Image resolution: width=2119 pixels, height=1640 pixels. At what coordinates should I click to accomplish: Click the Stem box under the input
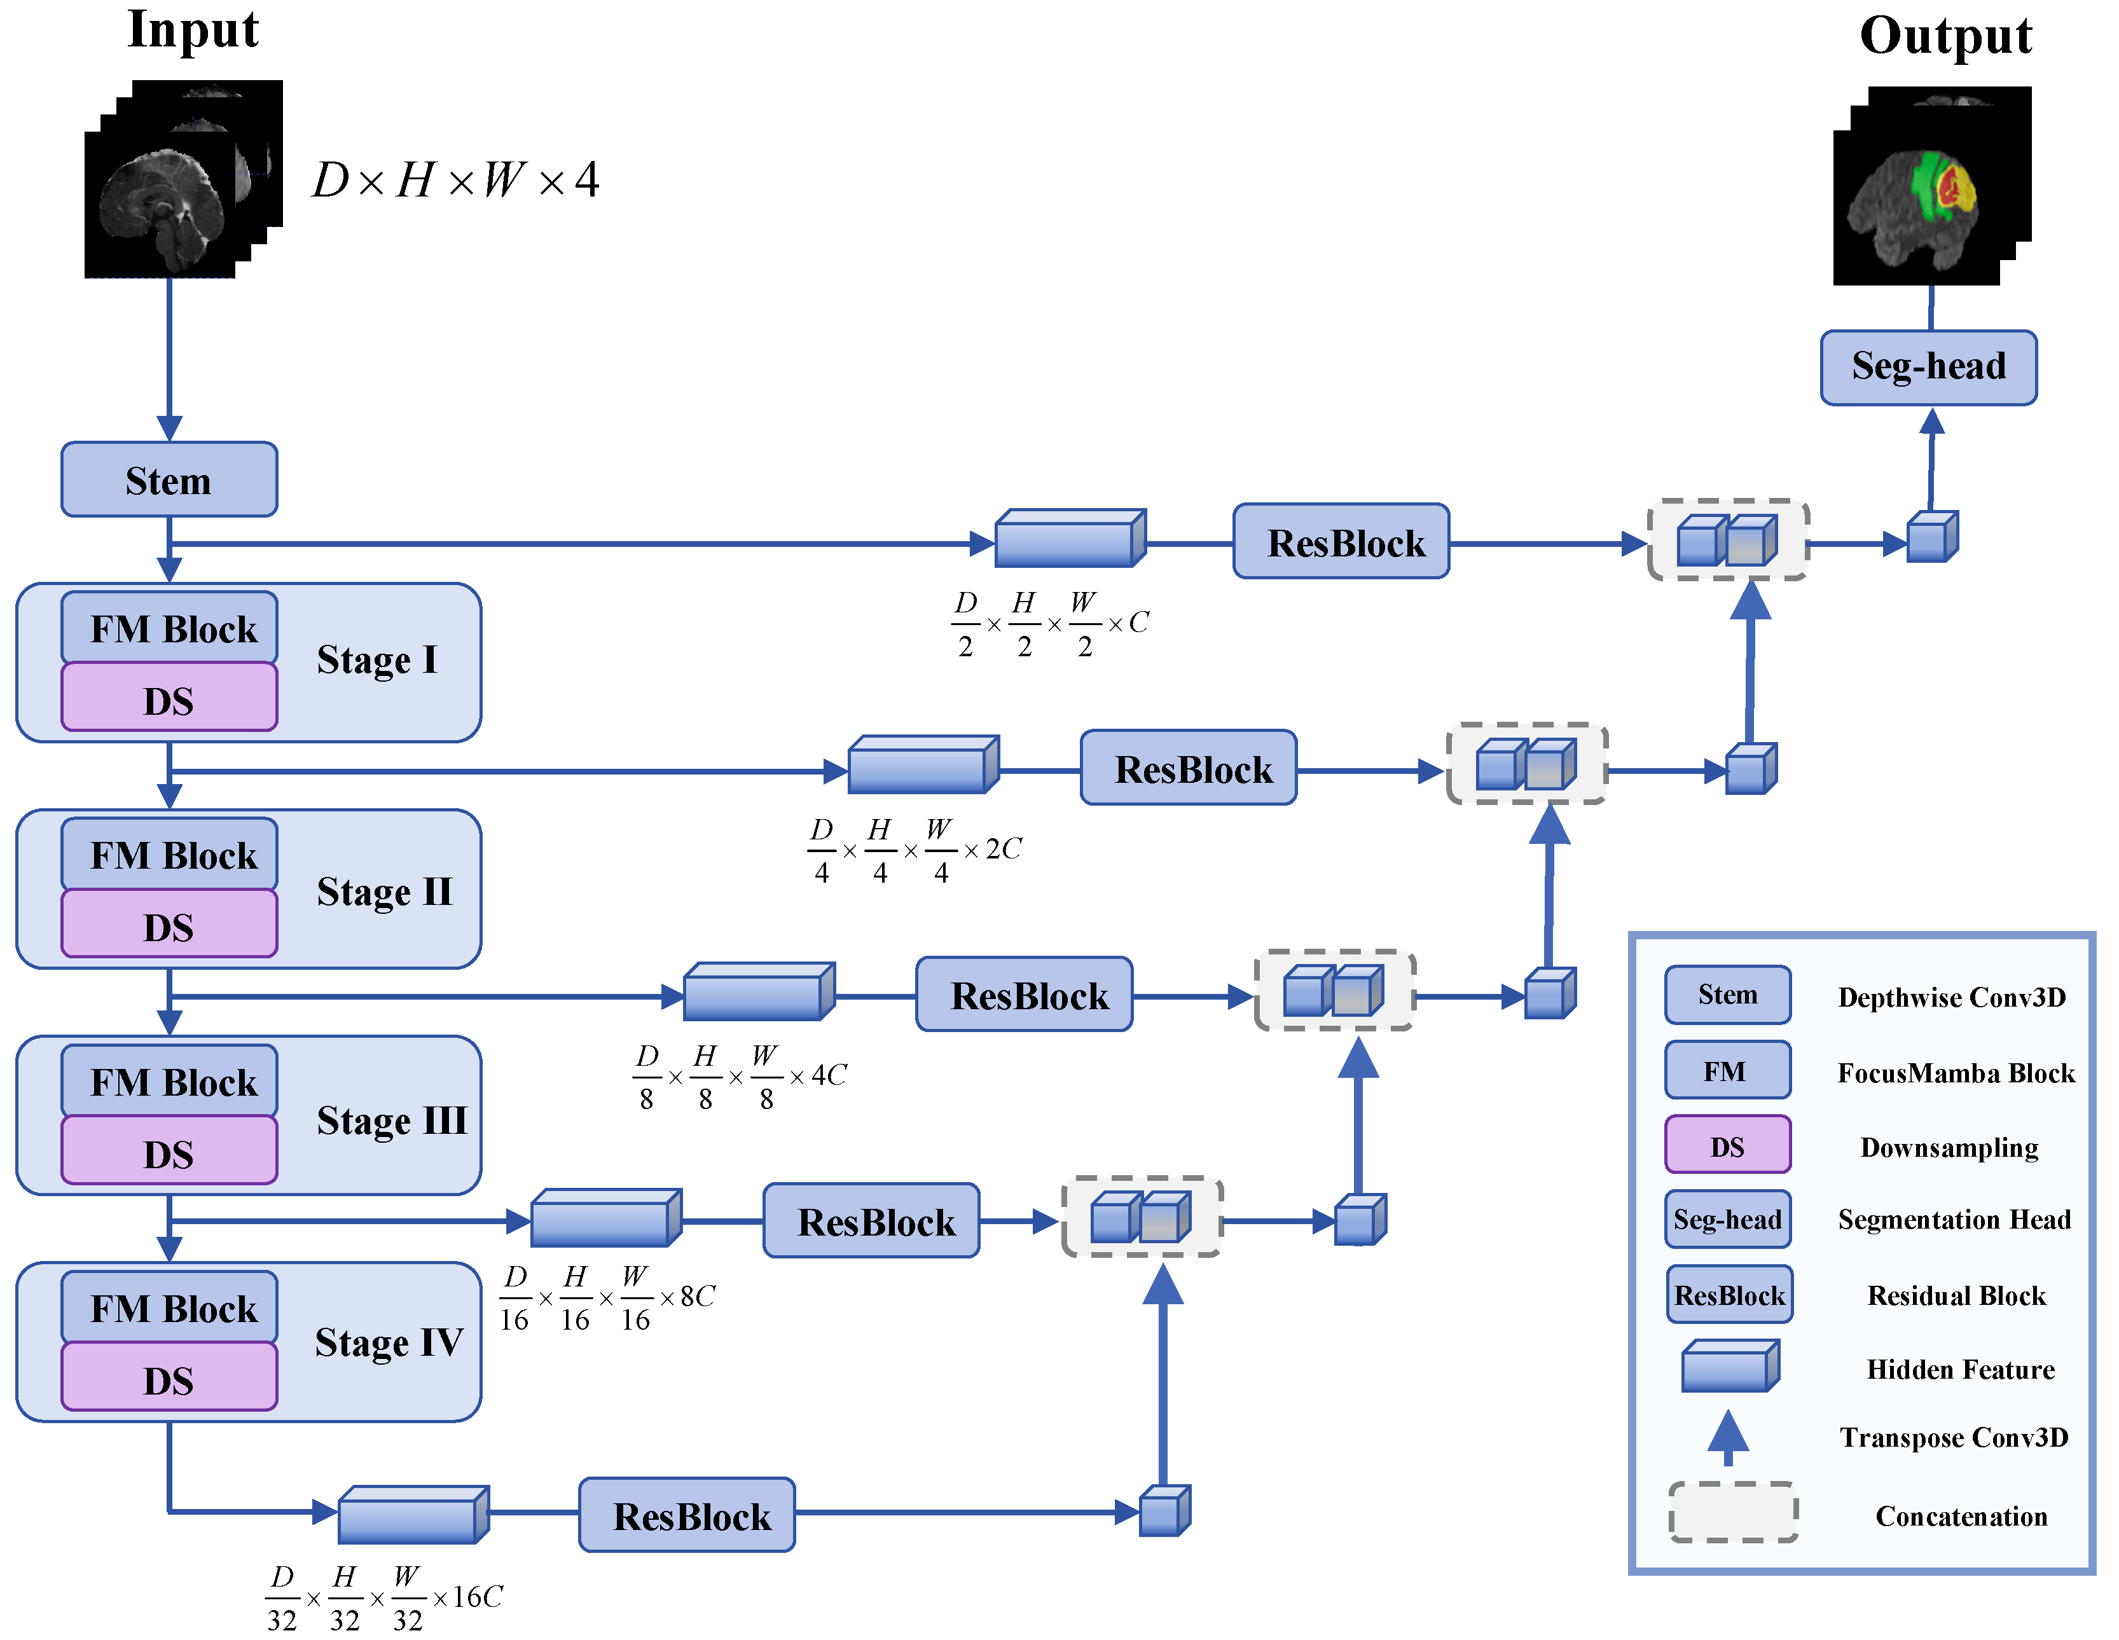click(x=169, y=479)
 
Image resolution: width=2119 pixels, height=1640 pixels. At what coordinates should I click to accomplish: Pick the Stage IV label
click(x=388, y=1343)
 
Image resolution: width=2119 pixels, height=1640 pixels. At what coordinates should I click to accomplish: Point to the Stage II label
click(x=384, y=892)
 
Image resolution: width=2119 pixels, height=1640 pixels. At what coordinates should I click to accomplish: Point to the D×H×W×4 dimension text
click(x=455, y=179)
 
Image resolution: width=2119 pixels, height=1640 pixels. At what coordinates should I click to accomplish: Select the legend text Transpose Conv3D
click(x=1954, y=1437)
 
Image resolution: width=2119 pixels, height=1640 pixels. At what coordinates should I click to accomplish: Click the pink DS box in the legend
click(x=1727, y=1145)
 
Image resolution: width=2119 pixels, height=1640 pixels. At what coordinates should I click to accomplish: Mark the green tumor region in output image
click(x=1925, y=184)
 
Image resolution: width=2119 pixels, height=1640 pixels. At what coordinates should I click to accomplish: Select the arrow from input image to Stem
click(x=170, y=359)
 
